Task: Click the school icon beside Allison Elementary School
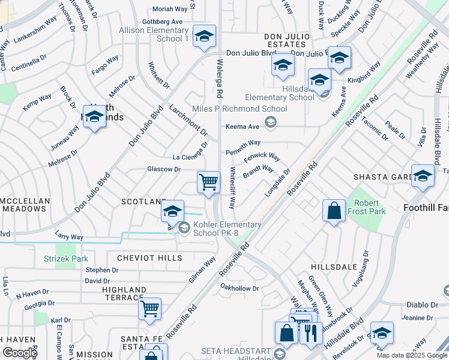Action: pos(204,37)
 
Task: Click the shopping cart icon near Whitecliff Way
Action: pos(208,181)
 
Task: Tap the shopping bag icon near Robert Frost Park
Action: pos(334,211)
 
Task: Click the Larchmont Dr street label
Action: pos(188,119)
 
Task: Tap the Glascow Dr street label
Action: pos(164,169)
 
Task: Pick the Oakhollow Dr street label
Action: pos(239,288)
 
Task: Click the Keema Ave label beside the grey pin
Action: pos(242,127)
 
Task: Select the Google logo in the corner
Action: pos(20,353)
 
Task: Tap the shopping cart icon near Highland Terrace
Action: pos(149,308)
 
